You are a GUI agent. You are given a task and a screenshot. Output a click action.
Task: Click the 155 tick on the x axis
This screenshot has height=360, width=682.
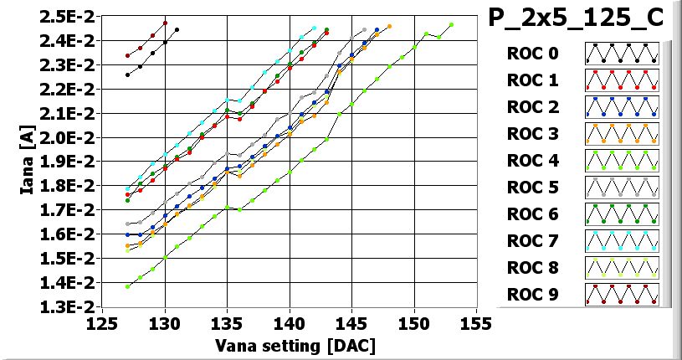[476, 324]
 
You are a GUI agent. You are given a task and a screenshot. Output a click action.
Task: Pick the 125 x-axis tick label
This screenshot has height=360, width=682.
[104, 324]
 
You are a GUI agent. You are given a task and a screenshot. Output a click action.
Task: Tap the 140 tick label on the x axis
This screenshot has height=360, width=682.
[290, 324]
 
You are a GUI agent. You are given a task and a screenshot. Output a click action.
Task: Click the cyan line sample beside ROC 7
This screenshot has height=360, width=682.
[622, 241]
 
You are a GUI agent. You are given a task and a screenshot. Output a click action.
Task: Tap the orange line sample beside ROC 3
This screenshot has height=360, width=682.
[622, 134]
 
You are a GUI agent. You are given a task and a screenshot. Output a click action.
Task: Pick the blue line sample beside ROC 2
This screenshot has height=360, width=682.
[622, 107]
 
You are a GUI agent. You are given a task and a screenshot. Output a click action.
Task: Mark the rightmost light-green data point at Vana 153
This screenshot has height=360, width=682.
[451, 24]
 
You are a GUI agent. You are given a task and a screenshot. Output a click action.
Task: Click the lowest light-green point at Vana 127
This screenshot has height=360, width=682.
[127, 286]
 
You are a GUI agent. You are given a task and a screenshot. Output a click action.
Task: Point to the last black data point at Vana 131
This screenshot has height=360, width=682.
[177, 29]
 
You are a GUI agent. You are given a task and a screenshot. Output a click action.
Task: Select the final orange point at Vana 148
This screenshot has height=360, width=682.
[389, 27]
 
